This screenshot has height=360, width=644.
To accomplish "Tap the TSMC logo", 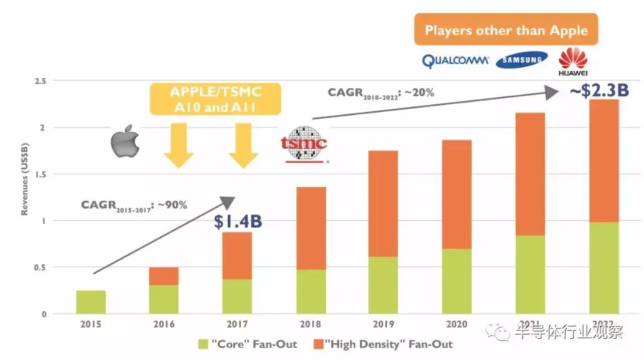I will point(304,144).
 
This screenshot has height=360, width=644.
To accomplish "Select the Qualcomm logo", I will point(455,60).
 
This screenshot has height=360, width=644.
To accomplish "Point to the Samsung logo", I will point(522,60).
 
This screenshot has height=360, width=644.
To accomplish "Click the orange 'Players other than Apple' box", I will point(506,30).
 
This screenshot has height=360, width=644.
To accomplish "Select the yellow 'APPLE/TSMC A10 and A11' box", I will point(216,99).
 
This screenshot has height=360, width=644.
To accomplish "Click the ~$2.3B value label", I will point(599,91).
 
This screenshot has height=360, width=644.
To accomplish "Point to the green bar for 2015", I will point(91,302).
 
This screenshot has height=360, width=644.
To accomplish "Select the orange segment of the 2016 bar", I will point(163,276).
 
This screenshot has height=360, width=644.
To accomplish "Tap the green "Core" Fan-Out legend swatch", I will point(203,344).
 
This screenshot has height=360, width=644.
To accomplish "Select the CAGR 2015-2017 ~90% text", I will point(134,205).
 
